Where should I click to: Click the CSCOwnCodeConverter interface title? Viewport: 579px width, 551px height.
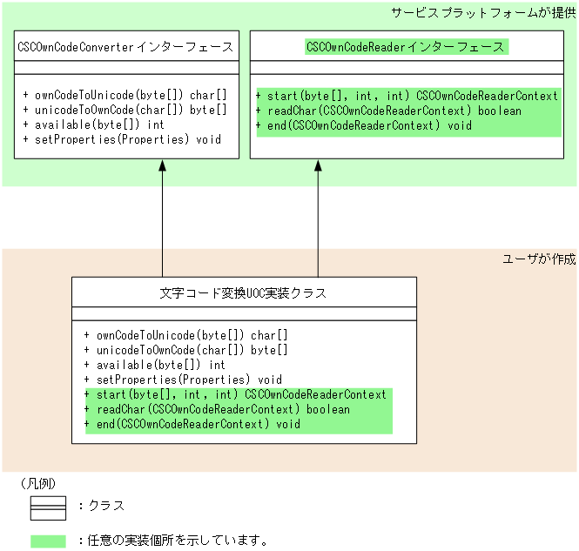(125, 47)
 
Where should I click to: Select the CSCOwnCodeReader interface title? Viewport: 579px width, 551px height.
(406, 47)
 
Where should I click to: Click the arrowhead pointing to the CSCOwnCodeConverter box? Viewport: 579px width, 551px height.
(162, 167)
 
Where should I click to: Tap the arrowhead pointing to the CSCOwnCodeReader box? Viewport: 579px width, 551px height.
(318, 167)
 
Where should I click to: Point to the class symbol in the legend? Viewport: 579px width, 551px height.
(49, 506)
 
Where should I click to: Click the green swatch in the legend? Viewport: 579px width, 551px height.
(49, 541)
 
